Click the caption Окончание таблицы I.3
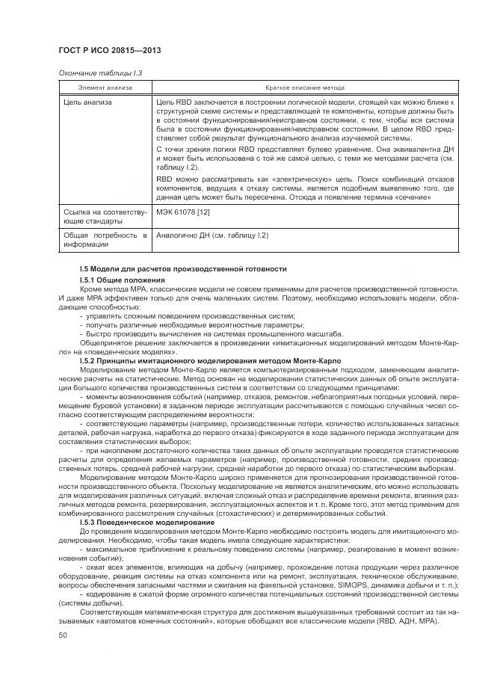pyautogui.click(x=99, y=73)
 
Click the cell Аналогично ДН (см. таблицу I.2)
pyautogui.click(x=212, y=235)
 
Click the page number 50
pyautogui.click(x=62, y=635)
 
